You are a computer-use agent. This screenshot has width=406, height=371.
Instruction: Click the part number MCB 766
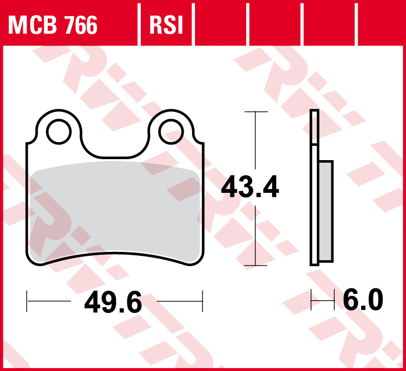click(53, 25)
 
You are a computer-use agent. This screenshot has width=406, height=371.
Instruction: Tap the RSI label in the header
click(166, 25)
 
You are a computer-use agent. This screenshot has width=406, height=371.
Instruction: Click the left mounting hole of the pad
click(59, 131)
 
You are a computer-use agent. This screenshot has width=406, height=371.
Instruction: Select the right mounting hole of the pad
click(171, 131)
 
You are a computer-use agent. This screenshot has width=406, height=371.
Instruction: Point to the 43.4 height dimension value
click(250, 186)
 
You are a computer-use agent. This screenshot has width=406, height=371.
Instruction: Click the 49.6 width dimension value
click(113, 302)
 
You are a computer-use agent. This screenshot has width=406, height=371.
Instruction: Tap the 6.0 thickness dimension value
click(363, 299)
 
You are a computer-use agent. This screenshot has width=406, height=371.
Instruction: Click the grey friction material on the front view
click(115, 210)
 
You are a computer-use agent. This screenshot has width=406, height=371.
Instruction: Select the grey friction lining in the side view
click(326, 211)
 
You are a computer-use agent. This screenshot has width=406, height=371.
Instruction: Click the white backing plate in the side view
click(314, 205)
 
